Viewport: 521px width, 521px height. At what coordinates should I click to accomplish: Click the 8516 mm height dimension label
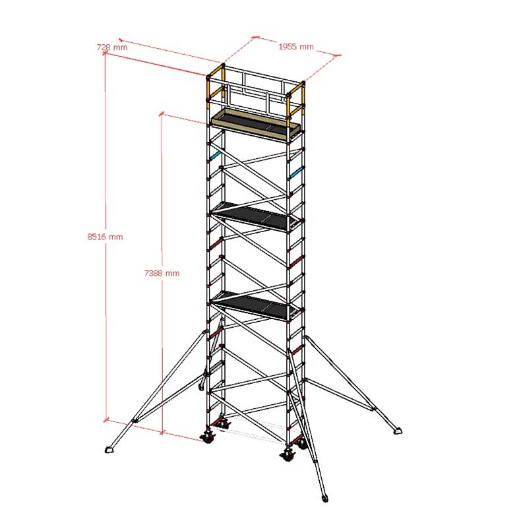point(105,237)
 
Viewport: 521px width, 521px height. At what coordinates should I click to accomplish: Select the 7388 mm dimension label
point(162,273)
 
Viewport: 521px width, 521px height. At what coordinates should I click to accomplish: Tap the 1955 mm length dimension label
point(296,47)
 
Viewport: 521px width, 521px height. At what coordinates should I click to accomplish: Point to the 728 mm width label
point(112,47)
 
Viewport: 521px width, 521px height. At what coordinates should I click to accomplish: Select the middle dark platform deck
point(257,216)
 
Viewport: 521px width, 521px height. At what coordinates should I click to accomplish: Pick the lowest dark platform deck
point(257,306)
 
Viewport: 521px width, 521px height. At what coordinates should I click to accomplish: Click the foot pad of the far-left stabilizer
point(110,450)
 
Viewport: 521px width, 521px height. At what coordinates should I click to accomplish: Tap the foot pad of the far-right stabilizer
point(397,431)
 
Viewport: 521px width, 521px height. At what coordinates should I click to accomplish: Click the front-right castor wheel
point(288,454)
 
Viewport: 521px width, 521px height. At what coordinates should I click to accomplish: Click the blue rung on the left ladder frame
point(216,155)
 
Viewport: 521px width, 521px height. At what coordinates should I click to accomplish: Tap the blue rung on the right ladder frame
point(295,173)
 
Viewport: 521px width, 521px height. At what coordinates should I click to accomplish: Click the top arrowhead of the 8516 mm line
point(105,53)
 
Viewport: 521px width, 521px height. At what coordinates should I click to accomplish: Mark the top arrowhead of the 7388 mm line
point(162,114)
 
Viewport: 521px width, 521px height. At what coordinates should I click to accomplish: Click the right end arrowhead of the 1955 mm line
point(338,55)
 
